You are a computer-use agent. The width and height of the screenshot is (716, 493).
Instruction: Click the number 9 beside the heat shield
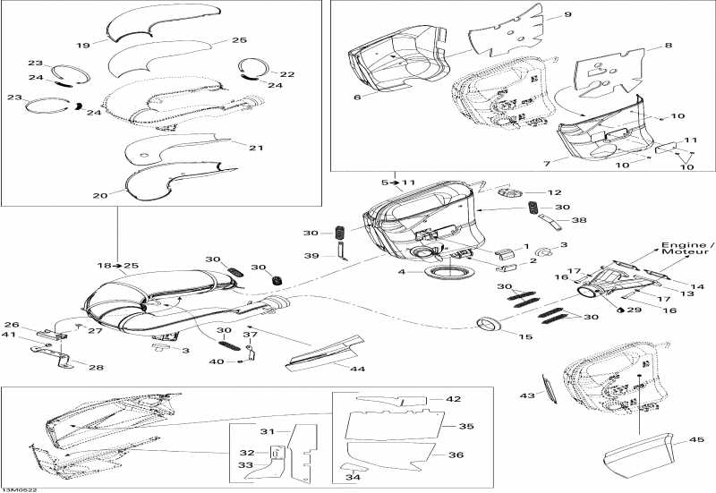pos(567,15)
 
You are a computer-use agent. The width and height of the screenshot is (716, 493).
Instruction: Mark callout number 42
pos(455,399)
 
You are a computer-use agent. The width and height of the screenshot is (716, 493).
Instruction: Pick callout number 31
pos(265,432)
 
